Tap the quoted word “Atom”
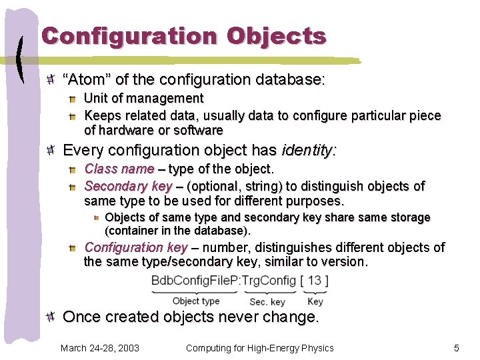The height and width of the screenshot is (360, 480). [86, 80]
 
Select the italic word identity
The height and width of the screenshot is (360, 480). [308, 150]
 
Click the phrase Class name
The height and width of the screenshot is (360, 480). [119, 169]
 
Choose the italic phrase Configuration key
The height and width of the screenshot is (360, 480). [136, 247]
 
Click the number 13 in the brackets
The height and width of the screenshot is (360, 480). [314, 281]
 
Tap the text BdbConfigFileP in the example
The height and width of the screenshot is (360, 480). [196, 281]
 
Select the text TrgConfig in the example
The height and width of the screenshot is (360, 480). [269, 281]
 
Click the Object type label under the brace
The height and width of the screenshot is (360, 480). [196, 301]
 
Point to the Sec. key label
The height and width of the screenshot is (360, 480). [267, 302]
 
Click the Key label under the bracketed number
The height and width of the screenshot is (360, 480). [315, 302]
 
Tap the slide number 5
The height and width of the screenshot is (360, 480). [457, 348]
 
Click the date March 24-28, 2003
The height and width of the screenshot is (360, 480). [100, 348]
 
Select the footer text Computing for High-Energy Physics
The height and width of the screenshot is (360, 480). [260, 348]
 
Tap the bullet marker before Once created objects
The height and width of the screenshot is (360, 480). [52, 317]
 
